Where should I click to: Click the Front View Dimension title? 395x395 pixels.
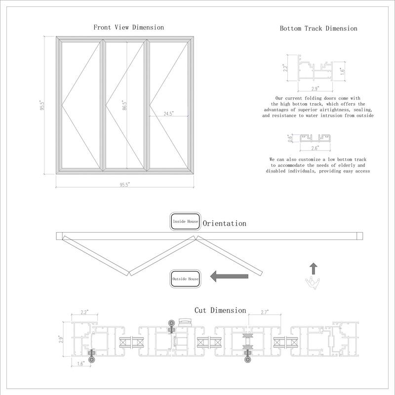click(128, 27)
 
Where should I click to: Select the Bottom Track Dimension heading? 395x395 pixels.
click(318, 28)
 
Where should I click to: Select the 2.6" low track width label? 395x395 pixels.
click(315, 147)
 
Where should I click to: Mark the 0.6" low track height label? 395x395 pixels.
click(290, 138)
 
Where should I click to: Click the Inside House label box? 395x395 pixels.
click(185, 222)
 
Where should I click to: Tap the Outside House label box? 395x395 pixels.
click(185, 279)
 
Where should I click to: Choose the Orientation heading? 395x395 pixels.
click(224, 224)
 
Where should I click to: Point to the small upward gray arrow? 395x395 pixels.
click(313, 269)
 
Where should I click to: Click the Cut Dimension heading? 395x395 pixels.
click(220, 311)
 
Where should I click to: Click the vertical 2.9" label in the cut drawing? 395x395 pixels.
click(62, 339)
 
